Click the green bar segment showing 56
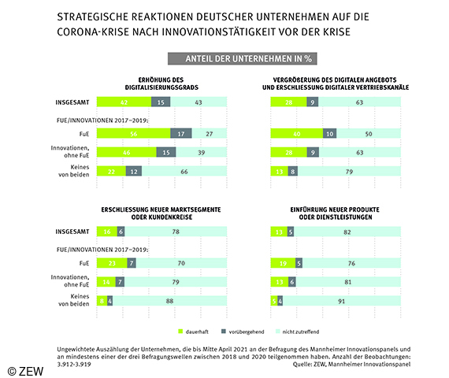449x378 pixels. coord(132,134)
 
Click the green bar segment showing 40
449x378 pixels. coord(295,134)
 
